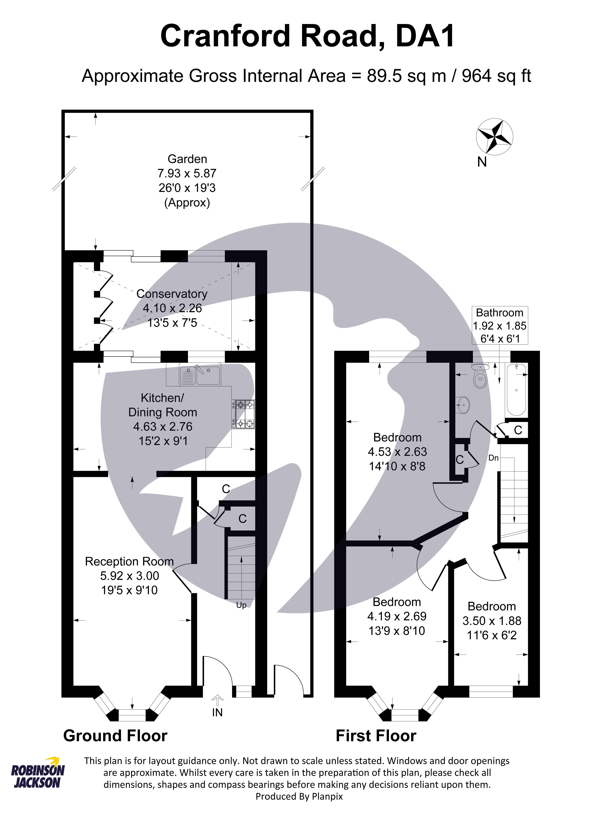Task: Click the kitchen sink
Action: [x=200, y=375]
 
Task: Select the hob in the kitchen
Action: [x=243, y=414]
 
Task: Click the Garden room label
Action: [x=187, y=159]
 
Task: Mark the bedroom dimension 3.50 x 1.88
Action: [x=492, y=621]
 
